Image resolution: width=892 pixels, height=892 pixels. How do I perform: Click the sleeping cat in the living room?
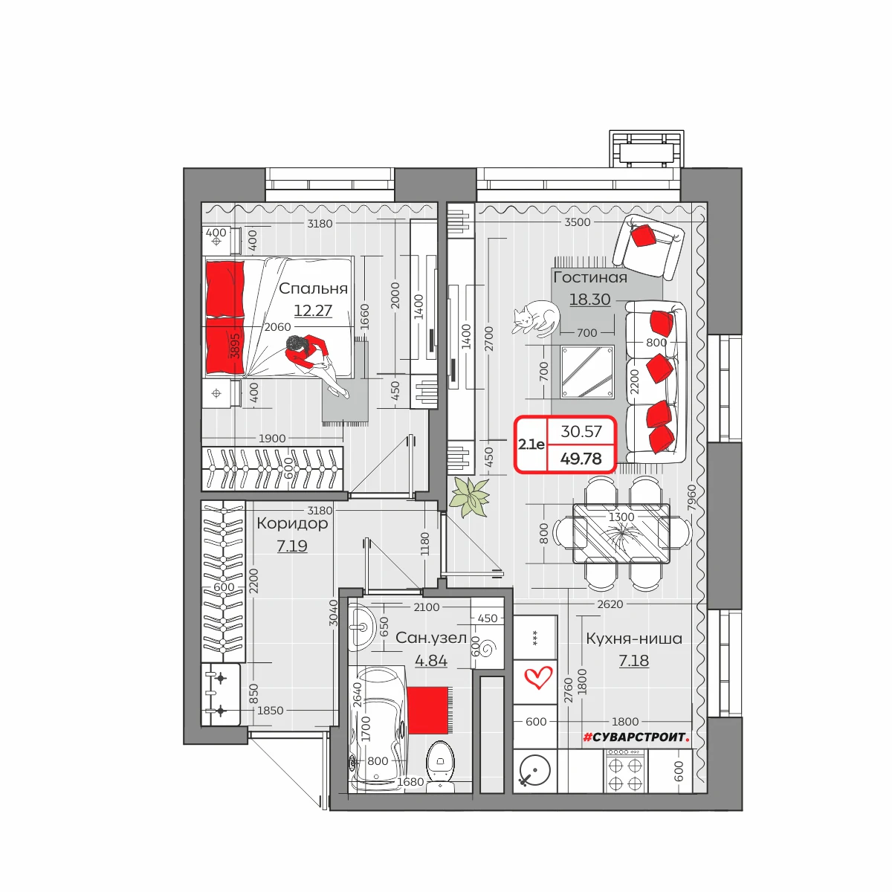tap(535, 317)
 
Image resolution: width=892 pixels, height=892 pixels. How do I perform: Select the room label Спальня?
tap(313, 288)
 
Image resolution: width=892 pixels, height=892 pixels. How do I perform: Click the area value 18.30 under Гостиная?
tap(589, 300)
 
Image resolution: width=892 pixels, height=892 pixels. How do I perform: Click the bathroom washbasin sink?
tap(361, 627)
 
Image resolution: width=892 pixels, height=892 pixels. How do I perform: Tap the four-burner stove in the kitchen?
tap(625, 771)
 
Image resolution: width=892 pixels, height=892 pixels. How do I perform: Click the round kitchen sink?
tap(535, 771)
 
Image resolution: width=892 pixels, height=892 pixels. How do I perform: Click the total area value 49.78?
tap(581, 459)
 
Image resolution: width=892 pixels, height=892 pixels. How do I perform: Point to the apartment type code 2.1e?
tap(531, 445)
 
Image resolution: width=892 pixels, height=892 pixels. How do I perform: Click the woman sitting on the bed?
tap(314, 362)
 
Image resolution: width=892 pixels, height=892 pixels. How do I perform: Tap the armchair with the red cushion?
tap(648, 248)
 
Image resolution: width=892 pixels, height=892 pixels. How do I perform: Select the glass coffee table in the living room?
tap(587, 372)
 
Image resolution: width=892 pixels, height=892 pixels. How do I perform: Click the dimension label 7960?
tap(691, 498)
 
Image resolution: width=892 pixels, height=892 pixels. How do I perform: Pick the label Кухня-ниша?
tap(634, 639)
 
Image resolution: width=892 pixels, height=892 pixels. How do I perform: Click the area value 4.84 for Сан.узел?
tap(431, 661)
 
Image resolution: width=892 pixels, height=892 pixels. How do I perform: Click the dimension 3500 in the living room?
tap(578, 222)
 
